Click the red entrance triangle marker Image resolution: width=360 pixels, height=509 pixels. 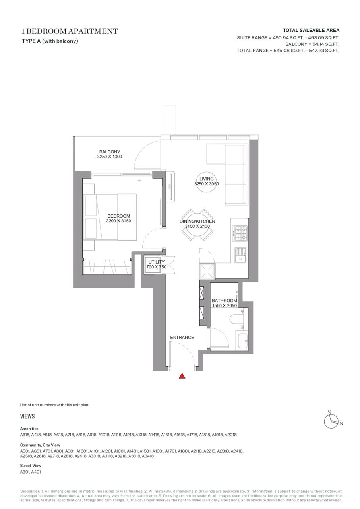pyautogui.click(x=182, y=376)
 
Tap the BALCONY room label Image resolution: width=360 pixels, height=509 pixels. pyautogui.click(x=109, y=152)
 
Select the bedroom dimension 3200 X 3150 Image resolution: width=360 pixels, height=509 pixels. pyautogui.click(x=118, y=221)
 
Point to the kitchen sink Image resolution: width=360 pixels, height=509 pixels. pyautogui.click(x=240, y=255)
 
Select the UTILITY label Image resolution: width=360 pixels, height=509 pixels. pyautogui.click(x=156, y=262)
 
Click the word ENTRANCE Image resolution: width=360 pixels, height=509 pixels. pyautogui.click(x=182, y=338)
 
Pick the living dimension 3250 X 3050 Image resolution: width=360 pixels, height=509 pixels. pyautogui.click(x=207, y=184)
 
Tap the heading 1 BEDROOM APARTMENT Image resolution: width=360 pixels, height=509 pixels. pyautogui.click(x=70, y=31)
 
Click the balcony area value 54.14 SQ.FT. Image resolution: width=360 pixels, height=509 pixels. pyautogui.click(x=324, y=44)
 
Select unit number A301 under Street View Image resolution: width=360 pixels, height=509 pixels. pyautogui.click(x=25, y=472)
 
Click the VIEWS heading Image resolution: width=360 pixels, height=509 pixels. pyautogui.click(x=27, y=416)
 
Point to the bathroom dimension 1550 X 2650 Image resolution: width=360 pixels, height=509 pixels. pyautogui.click(x=224, y=306)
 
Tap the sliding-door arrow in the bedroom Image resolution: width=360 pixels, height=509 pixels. pyautogui.click(x=140, y=181)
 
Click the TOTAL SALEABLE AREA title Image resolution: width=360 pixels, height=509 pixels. pyautogui.click(x=311, y=30)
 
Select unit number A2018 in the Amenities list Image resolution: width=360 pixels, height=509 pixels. pyautogui.click(x=230, y=435)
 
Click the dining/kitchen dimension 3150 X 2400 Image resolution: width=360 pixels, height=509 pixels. pyautogui.click(x=197, y=226)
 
